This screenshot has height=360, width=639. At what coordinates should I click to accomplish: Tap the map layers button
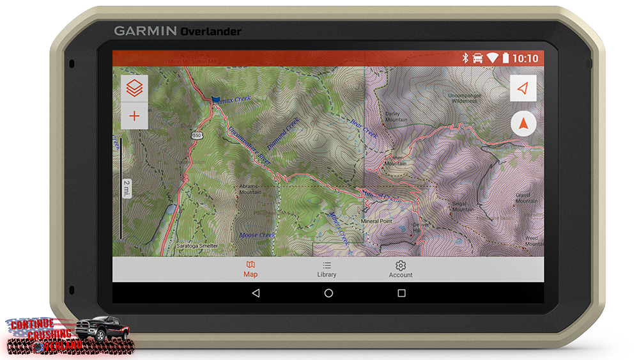[x=134, y=89]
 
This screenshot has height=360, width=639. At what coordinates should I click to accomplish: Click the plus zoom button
[x=134, y=116]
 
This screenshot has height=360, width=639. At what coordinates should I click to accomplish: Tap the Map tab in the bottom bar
[x=250, y=269]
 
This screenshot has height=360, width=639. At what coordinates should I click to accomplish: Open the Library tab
[x=327, y=269]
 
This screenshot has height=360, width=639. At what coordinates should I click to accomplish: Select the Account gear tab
[x=401, y=269]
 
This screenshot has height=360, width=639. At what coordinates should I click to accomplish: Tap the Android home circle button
[x=328, y=293]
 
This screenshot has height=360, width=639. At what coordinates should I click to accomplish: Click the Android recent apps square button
[x=401, y=293]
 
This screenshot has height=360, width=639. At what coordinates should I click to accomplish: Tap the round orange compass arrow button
[x=523, y=124]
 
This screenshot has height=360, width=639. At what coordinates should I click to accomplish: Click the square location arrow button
[x=523, y=88]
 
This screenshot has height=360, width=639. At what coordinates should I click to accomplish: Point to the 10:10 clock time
[x=525, y=58]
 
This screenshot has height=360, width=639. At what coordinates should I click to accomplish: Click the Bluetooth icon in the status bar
[x=465, y=58]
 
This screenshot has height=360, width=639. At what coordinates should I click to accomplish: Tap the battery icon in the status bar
[x=505, y=58]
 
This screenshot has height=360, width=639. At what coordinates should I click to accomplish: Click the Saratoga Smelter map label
[x=197, y=246]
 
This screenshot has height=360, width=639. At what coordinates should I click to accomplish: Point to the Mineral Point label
[x=376, y=221]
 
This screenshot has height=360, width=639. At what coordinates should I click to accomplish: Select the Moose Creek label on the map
[x=257, y=235]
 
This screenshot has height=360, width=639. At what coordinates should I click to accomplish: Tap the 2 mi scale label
[x=127, y=188]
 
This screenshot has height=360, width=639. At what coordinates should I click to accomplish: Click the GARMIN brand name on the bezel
[x=146, y=31]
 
